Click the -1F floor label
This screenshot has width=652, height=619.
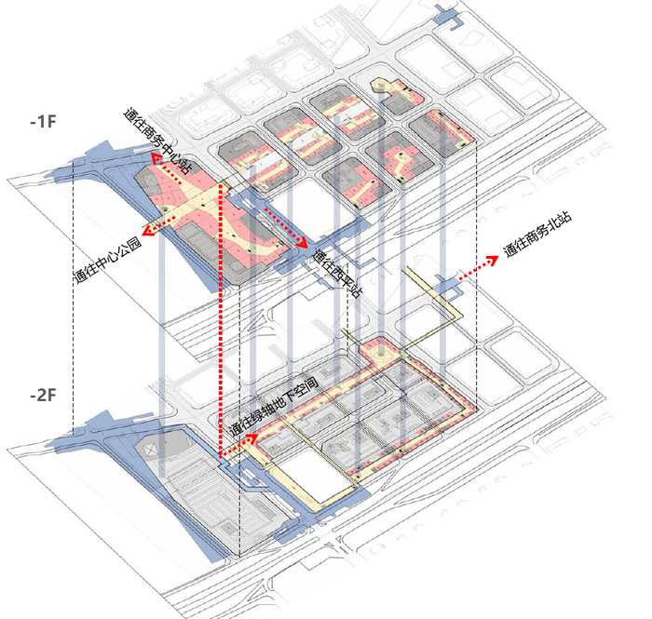point(43,122)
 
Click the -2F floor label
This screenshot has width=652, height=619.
point(43,395)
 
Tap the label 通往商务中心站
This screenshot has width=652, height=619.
point(158,141)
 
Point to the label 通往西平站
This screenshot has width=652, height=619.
point(337,273)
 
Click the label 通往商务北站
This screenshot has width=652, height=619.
point(537,235)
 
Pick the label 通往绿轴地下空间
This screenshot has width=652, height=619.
point(274,406)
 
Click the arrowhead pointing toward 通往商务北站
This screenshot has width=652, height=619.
point(493,260)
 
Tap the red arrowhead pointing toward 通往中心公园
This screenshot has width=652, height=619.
point(148,231)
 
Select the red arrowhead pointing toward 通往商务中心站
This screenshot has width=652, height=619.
point(156,157)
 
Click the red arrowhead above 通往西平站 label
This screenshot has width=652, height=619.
point(303,243)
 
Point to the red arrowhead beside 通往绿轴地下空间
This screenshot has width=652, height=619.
point(252,438)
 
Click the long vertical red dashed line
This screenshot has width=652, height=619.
point(220,320)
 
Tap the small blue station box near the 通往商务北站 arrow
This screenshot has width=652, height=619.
point(448,287)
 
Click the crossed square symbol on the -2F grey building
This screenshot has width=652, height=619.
point(150,449)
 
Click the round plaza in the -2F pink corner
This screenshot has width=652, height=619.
point(380,354)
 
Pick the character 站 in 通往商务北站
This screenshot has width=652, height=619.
point(564,218)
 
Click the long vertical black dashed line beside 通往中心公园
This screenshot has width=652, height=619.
point(74,297)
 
